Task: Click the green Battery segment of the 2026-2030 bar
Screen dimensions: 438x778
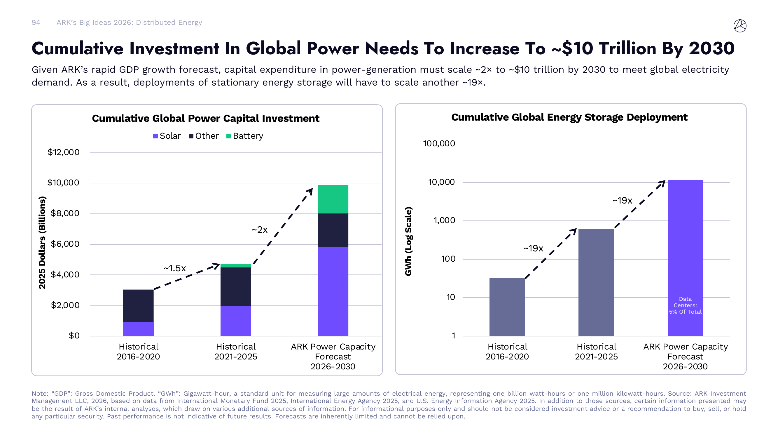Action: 333,199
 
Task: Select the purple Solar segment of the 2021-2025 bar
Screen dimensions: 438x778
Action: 236,320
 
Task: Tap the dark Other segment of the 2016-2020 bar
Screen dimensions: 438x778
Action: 138,305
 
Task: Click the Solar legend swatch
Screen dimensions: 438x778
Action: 155,136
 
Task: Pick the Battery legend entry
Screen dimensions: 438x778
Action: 245,136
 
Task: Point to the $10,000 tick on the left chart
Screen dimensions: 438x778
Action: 63,182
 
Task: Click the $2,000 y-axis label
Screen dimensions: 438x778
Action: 65,305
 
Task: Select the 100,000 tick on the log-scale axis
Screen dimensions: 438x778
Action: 439,144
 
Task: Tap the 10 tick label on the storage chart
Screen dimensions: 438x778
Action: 450,297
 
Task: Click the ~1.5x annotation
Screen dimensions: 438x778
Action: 174,268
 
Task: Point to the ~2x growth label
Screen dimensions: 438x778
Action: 259,230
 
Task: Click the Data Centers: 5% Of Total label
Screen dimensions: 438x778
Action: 685,305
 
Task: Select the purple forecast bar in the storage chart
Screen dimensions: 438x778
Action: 685,242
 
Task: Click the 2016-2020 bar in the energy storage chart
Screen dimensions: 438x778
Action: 507,307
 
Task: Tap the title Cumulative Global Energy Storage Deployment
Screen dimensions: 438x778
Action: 569,117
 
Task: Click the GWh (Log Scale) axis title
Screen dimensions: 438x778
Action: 408,241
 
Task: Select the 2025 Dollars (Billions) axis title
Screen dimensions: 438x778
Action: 42,242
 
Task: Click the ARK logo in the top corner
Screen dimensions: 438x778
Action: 740,26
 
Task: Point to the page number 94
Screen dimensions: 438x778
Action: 36,23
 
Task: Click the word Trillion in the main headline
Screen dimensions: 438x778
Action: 627,48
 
